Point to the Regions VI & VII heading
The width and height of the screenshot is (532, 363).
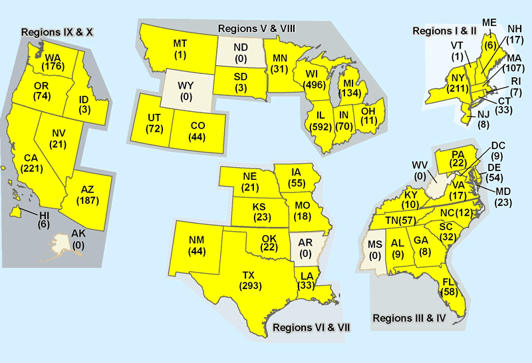tap(311, 327)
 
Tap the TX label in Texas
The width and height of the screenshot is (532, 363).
tap(248, 275)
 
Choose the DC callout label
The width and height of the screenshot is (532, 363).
tap(498, 146)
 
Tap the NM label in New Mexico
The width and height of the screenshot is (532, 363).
tap(197, 240)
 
